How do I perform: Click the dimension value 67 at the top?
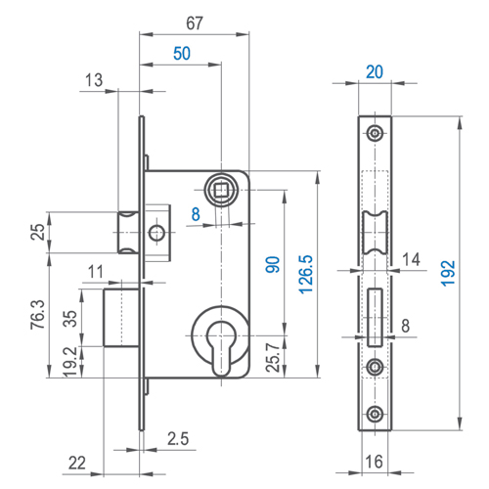[x=195, y=23]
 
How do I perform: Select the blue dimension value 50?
[x=182, y=54]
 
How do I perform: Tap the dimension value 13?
[x=94, y=80]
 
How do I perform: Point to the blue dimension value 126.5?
[x=306, y=275]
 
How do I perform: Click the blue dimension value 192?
[x=448, y=273]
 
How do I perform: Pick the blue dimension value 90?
[x=273, y=264]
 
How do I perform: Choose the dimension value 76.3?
[x=38, y=315]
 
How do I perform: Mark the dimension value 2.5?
[x=178, y=439]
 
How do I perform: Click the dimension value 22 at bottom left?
[x=77, y=463]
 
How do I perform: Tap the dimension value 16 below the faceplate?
[x=374, y=462]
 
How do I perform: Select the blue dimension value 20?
[x=375, y=72]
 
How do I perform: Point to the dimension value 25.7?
[x=273, y=358]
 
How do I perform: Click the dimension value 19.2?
[x=70, y=362]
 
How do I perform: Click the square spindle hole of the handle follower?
[x=221, y=190]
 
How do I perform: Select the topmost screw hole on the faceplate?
[x=375, y=133]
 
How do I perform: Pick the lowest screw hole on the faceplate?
[x=375, y=414]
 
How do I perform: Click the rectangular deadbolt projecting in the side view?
[x=121, y=317]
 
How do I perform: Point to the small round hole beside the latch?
[x=156, y=233]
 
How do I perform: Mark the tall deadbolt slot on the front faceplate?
[x=375, y=317]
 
